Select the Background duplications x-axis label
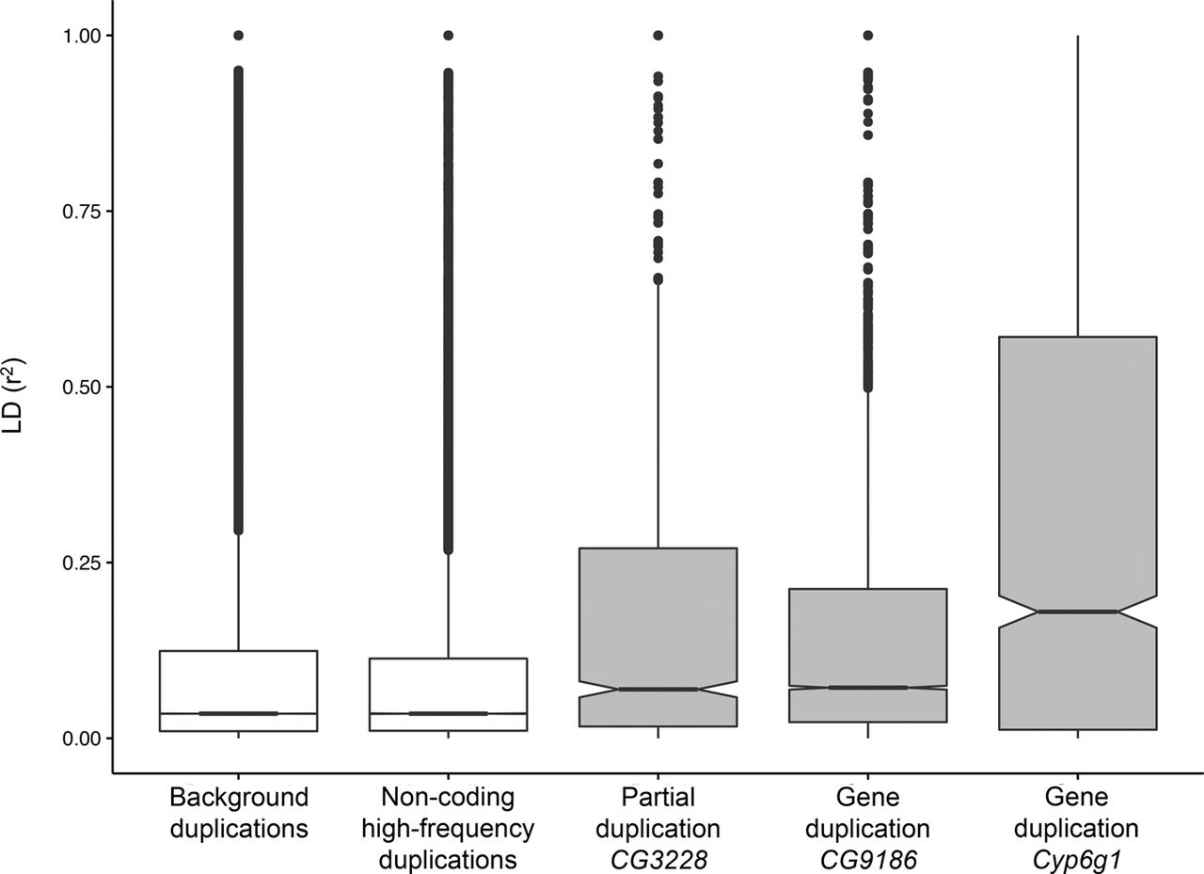click(x=239, y=814)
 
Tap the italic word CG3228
click(x=657, y=860)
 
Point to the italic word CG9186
click(x=867, y=860)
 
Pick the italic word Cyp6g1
click(x=1077, y=860)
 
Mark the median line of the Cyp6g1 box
click(x=1077, y=612)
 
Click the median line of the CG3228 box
click(x=657, y=690)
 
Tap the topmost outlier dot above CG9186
click(x=867, y=35)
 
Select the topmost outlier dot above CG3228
click(x=657, y=35)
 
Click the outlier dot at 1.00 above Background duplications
click(x=239, y=35)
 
